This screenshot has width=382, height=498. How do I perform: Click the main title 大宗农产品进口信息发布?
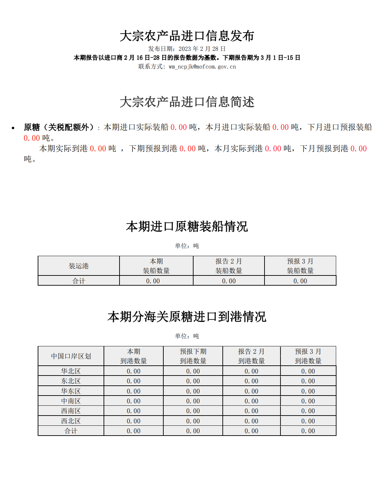pos(187,36)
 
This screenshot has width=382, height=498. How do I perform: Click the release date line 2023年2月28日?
pos(187,49)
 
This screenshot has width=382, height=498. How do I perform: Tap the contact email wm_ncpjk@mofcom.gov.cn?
pos(202,67)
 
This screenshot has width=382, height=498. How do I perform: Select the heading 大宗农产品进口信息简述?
pos(187,102)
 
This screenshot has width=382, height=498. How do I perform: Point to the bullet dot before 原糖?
pos(13,128)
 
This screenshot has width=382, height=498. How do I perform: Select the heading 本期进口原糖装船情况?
pos(187,227)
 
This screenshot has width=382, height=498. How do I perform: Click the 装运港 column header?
pos(78,266)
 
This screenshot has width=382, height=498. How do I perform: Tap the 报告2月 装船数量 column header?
pos(229,266)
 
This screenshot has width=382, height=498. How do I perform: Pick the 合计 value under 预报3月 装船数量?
pos(300,281)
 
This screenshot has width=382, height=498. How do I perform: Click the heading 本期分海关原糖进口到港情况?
pos(187,317)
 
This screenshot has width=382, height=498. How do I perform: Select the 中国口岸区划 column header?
pos(71,356)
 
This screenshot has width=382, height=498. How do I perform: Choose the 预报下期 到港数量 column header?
pos(193,356)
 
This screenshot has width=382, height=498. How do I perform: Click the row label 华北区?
pos(71,371)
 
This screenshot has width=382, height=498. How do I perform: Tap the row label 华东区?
pos(71,391)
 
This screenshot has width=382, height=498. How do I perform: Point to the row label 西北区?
pos(71,421)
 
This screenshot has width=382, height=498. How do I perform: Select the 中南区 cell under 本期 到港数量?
pos(133,401)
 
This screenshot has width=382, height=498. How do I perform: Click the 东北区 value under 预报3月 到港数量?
pos(308,381)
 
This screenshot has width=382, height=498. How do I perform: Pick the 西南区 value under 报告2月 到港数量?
pos(251,411)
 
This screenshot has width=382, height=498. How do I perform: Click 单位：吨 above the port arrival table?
pos(187,336)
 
